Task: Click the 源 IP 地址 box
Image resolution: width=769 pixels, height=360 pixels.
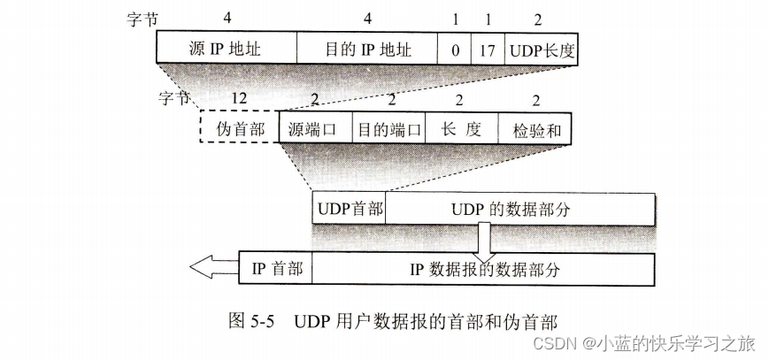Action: coord(227,49)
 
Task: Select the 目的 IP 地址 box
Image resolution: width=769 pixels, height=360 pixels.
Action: coord(367,49)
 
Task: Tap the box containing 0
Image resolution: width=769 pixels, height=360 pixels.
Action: coord(455,49)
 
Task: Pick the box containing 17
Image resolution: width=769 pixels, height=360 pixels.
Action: coord(488,49)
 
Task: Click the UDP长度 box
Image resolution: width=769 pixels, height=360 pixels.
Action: coord(542,49)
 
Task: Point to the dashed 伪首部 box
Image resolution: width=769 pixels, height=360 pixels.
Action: coord(240,128)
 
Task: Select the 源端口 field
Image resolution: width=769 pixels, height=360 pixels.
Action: coord(314,128)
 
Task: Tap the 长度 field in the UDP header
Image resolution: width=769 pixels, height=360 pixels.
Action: coord(460,128)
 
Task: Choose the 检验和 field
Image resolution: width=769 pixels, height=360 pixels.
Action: coord(535,128)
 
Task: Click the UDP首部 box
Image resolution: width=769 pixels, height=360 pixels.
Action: coord(349,209)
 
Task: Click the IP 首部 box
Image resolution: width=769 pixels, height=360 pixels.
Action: coord(276,269)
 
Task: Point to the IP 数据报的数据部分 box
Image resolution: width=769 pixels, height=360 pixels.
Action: coord(484,269)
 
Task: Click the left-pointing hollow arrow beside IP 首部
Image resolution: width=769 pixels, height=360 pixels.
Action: coord(212,269)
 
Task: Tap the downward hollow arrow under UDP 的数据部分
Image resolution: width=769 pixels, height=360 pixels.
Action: coord(484,240)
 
